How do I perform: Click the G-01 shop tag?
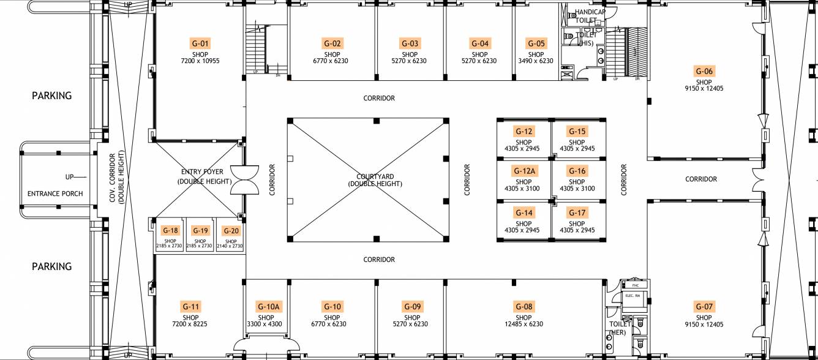[200, 43]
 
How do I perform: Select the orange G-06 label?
[704, 71]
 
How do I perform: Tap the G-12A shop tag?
[523, 171]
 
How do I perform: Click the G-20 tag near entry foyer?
[231, 231]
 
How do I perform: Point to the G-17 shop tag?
[577, 213]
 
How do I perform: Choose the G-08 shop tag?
[523, 307]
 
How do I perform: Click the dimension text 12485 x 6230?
[523, 324]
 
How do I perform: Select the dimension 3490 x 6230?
[536, 61]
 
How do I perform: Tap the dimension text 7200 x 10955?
[200, 61]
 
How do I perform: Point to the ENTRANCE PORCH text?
[55, 193]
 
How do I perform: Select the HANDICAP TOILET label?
[590, 16]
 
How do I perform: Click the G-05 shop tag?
[536, 43]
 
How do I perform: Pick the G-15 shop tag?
[577, 131]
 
